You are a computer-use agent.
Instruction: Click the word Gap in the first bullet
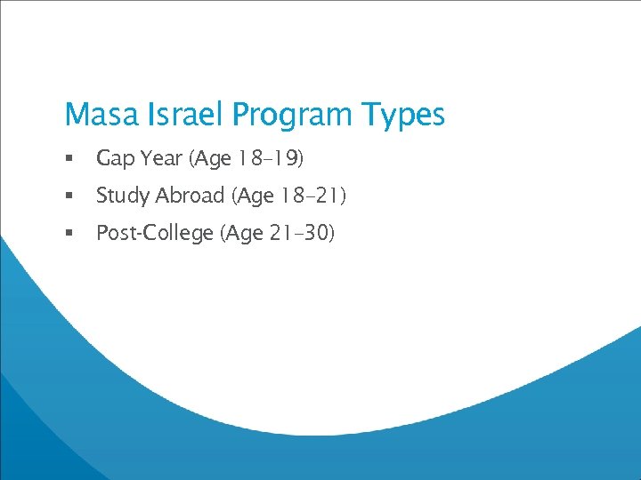click(114, 159)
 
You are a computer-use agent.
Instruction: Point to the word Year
click(161, 158)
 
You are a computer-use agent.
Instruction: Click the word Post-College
click(155, 233)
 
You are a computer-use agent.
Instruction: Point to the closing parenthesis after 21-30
click(330, 233)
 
